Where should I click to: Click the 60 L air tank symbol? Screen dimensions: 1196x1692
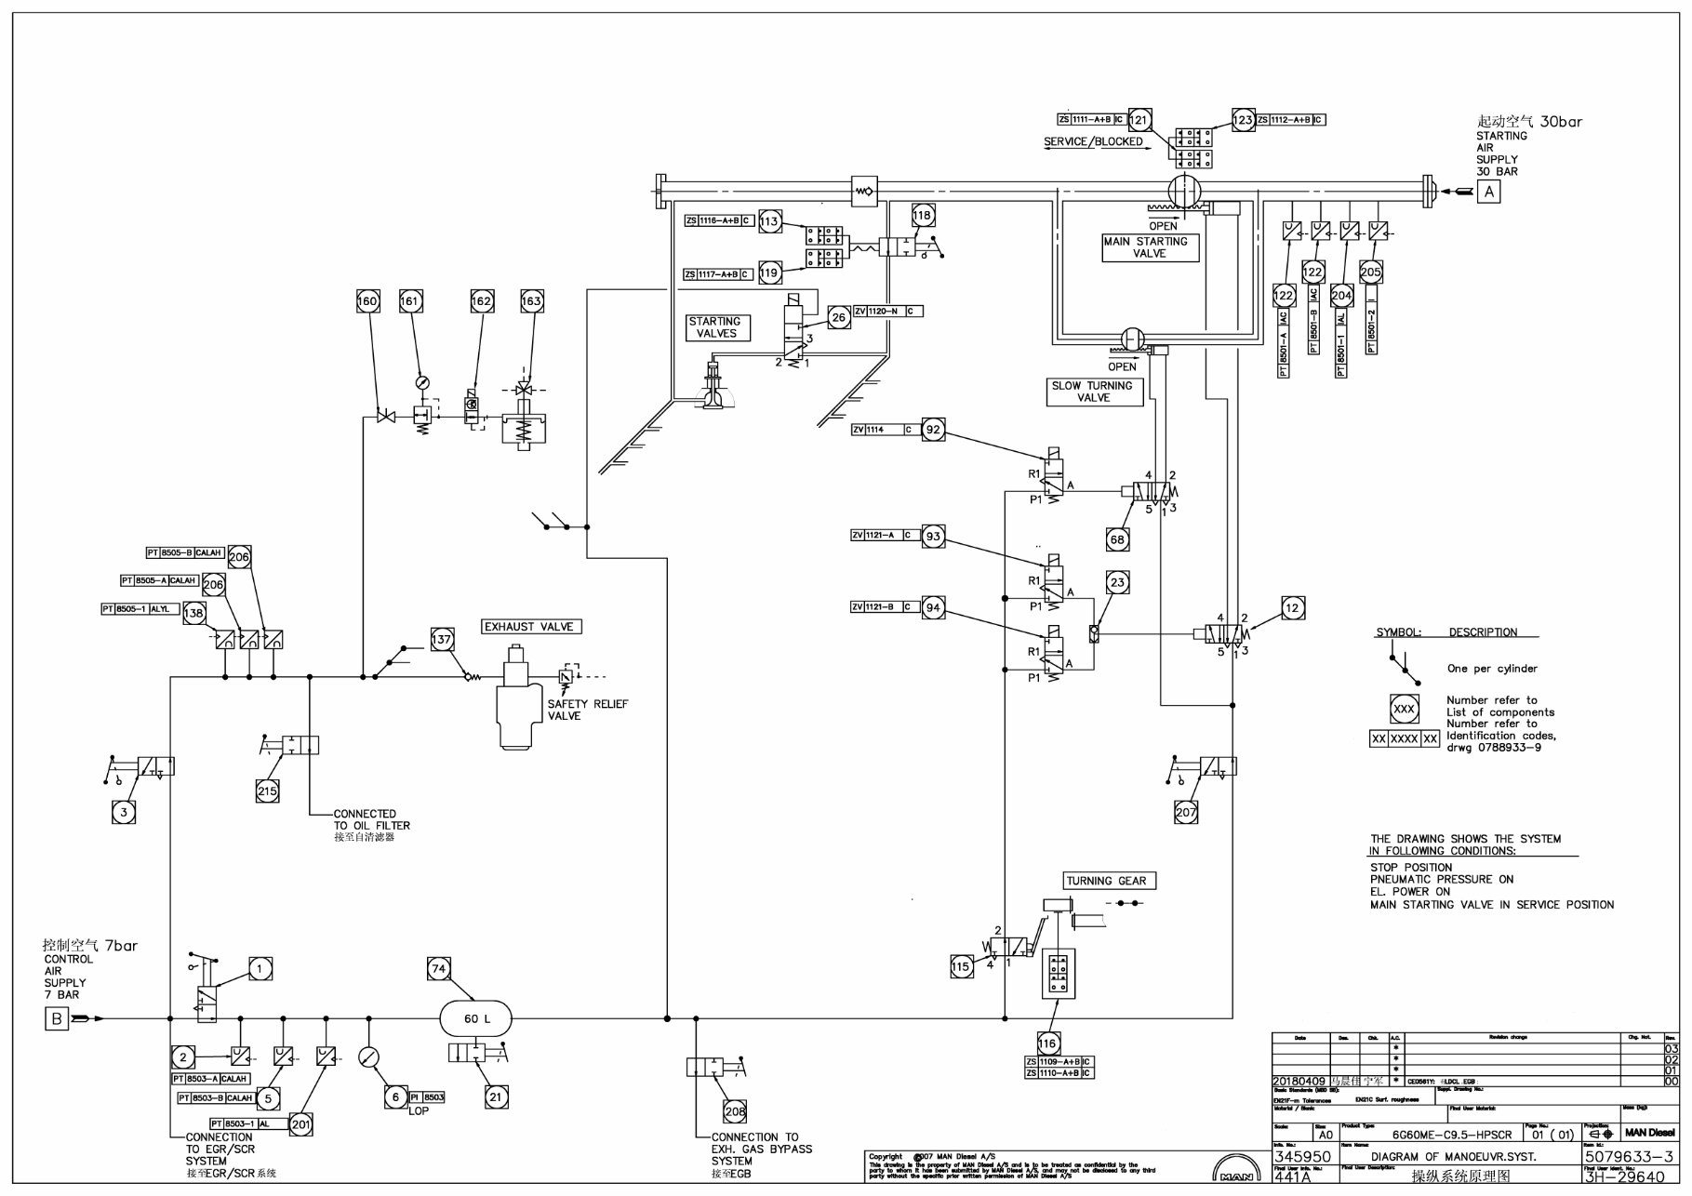pyautogui.click(x=475, y=1018)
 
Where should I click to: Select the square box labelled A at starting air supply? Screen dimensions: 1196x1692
pyautogui.click(x=1489, y=192)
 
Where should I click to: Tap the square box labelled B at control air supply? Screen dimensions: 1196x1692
pyautogui.click(x=58, y=1019)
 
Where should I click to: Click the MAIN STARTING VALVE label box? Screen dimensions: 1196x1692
pyautogui.click(x=1150, y=247)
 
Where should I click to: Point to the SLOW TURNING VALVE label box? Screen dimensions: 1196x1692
pyautogui.click(x=1093, y=392)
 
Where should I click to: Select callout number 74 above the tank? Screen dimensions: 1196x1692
pyautogui.click(x=439, y=968)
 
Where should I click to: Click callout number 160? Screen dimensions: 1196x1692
pyautogui.click(x=368, y=301)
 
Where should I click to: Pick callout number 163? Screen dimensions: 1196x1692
pyautogui.click(x=531, y=301)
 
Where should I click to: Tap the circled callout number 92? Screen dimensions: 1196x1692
pyautogui.click(x=933, y=430)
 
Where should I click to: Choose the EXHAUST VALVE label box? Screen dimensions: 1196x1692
pyautogui.click(x=530, y=627)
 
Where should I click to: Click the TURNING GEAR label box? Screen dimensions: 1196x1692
pyautogui.click(x=1106, y=880)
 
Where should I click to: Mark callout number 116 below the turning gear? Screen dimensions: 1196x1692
pyautogui.click(x=1048, y=1043)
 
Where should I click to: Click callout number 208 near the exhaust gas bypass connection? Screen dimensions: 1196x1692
pyautogui.click(x=735, y=1111)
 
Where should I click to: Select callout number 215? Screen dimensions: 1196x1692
pyautogui.click(x=267, y=791)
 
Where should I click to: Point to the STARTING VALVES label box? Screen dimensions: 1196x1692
pyautogui.click(x=716, y=327)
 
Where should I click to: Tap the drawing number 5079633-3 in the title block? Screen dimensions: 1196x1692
pyautogui.click(x=1631, y=1156)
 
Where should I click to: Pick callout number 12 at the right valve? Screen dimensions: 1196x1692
pyautogui.click(x=1292, y=608)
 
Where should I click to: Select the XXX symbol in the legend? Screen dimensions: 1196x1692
pyautogui.click(x=1404, y=710)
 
